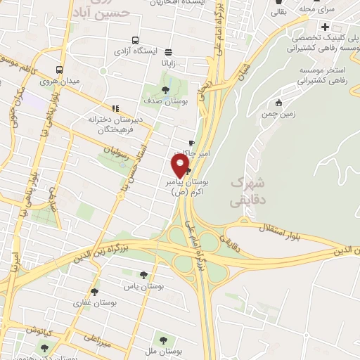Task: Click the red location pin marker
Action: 181,167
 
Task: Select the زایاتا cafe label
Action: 174,61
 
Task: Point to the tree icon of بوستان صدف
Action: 165,89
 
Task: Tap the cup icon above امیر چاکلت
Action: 192,143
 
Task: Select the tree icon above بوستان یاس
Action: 143,275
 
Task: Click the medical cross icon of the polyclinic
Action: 325,27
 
